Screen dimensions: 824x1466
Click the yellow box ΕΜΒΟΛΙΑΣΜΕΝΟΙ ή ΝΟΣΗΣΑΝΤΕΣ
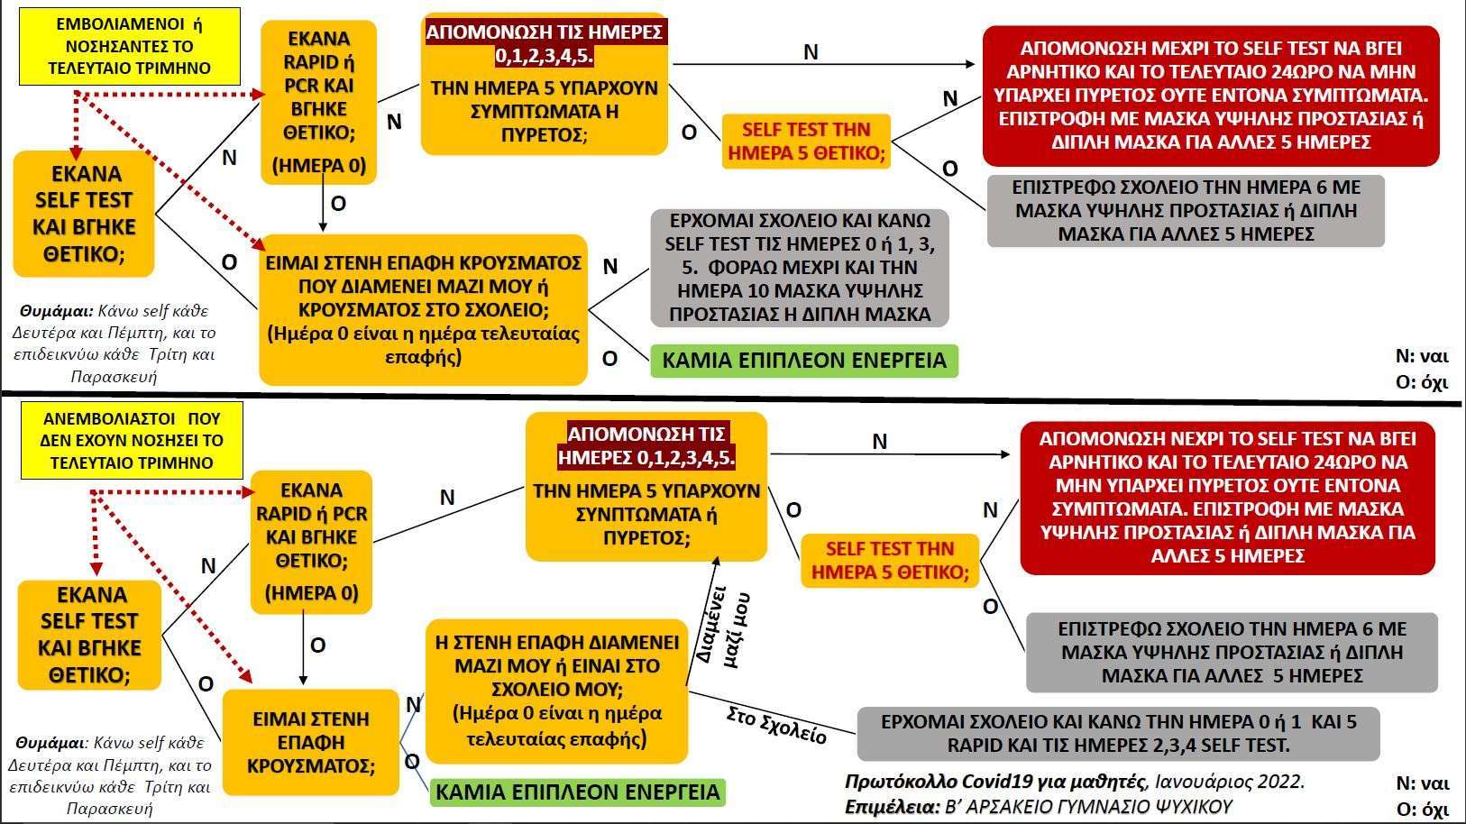(x=129, y=46)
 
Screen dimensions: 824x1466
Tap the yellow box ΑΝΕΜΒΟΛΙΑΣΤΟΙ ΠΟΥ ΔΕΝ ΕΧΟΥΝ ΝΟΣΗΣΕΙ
(x=132, y=441)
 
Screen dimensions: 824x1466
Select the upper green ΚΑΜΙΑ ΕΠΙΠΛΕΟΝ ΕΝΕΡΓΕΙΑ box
(x=803, y=361)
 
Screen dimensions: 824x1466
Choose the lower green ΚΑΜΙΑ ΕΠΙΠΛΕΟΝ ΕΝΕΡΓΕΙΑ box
(x=577, y=792)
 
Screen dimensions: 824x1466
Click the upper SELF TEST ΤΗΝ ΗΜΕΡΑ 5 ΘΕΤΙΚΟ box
(x=807, y=142)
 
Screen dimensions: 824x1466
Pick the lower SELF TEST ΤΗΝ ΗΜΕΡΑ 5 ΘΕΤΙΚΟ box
(x=889, y=560)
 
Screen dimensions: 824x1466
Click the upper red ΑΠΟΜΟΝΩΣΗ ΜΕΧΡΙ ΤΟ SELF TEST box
(x=1210, y=96)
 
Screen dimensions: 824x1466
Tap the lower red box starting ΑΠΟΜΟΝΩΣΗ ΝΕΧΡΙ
(x=1226, y=497)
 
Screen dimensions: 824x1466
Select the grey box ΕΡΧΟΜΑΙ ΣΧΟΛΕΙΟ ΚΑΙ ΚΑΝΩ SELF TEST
(x=798, y=268)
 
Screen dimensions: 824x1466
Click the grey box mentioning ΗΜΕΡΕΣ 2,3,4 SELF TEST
(x=1118, y=734)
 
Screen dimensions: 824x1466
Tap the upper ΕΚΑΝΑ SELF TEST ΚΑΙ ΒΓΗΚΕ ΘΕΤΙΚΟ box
(x=84, y=214)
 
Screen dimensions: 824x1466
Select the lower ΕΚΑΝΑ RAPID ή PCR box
(x=311, y=542)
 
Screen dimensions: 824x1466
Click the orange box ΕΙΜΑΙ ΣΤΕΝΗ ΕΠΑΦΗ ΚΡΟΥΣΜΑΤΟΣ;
(x=310, y=742)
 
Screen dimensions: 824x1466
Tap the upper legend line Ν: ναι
(x=1421, y=356)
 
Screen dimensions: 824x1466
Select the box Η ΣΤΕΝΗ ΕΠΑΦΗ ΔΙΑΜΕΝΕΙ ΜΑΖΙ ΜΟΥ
(x=556, y=691)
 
